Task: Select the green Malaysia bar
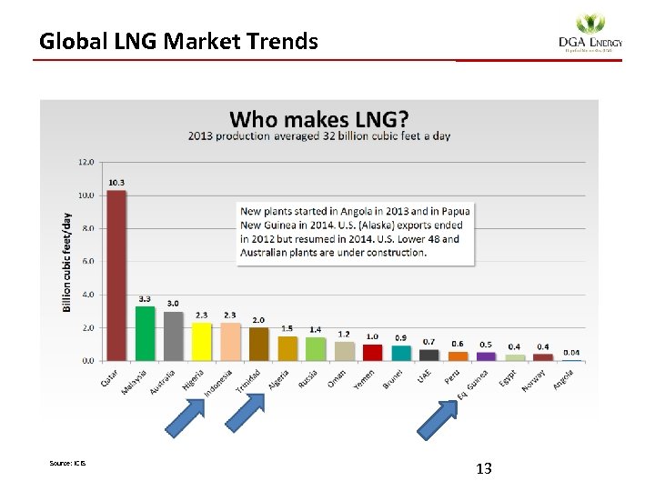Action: [145, 333]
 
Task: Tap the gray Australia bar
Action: [173, 336]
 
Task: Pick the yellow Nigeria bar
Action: [201, 341]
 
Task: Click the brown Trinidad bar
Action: [258, 344]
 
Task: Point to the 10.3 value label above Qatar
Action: [116, 183]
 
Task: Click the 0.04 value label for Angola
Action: [571, 352]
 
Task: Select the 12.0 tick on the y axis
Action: [86, 163]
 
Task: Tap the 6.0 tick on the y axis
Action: [86, 262]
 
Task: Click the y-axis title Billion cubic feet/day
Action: [67, 262]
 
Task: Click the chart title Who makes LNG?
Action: [318, 119]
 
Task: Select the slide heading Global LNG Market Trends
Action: [178, 41]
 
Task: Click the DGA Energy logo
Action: [589, 35]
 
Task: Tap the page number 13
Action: [484, 468]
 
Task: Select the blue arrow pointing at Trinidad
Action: [243, 420]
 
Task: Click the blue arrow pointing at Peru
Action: [438, 420]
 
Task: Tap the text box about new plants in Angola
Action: [355, 232]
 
